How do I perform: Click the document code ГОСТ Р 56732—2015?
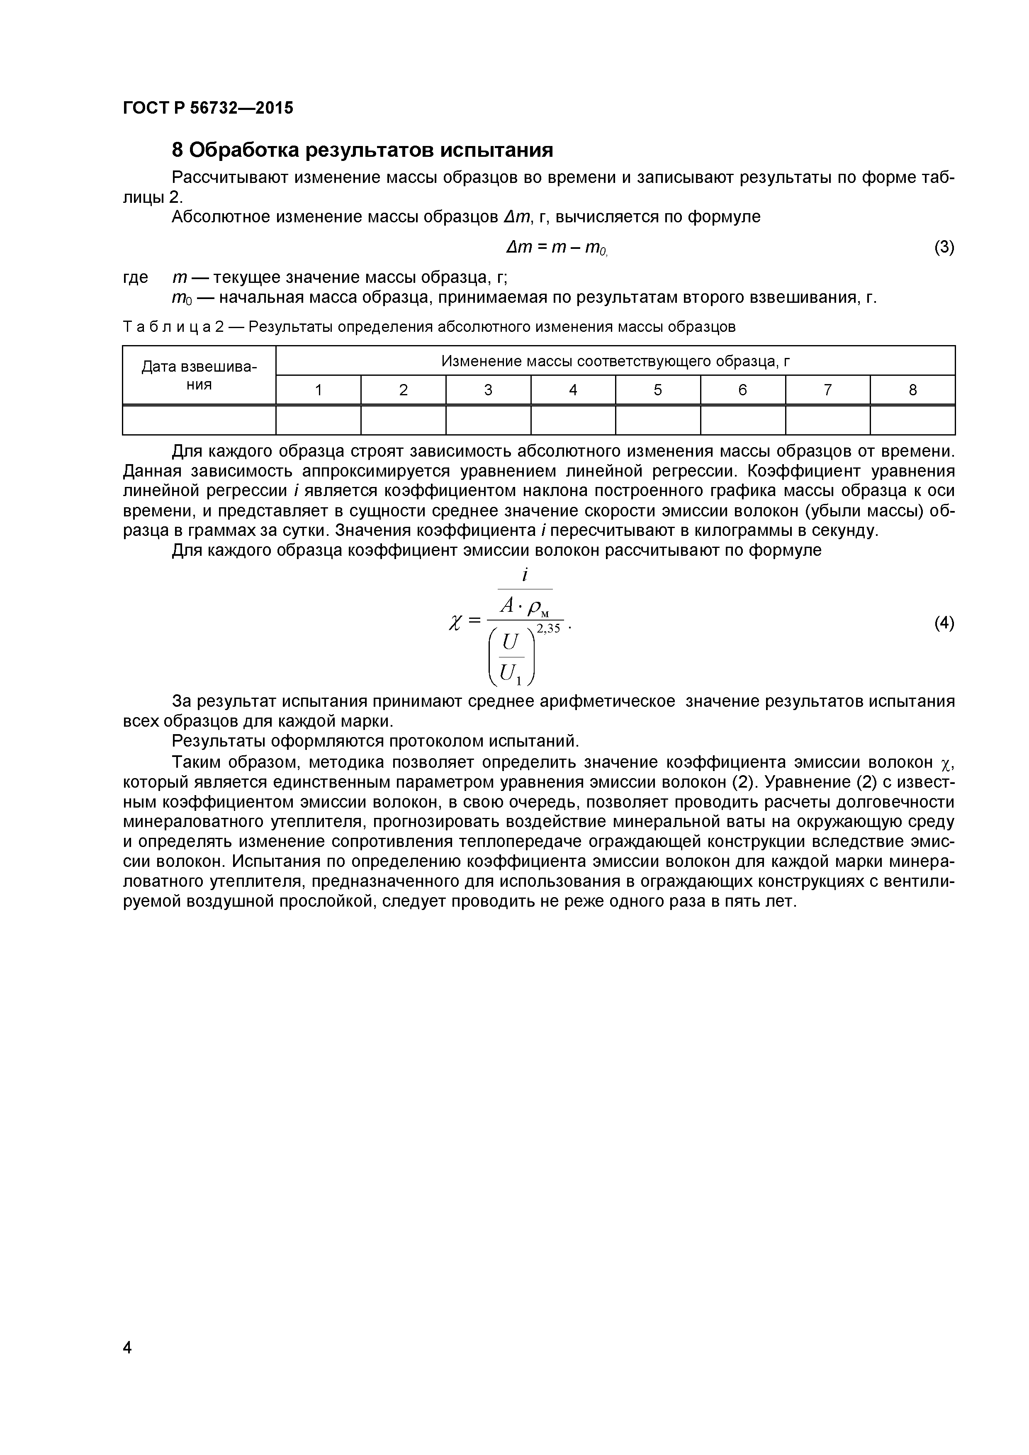[208, 108]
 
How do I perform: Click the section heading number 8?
[178, 150]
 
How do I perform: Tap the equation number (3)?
[944, 247]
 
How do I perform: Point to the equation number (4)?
[944, 623]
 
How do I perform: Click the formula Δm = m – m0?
[556, 248]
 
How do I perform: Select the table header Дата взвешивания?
[199, 375]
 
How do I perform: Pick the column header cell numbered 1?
[319, 390]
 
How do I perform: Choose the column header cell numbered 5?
[658, 390]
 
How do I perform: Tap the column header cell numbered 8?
[912, 390]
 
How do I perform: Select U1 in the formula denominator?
[511, 673]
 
